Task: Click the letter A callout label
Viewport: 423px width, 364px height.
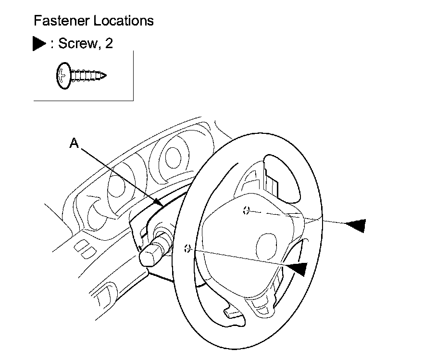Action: [74, 143]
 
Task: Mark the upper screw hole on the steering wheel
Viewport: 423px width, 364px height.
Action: [246, 210]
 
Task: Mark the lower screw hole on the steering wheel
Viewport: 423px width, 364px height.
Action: [188, 249]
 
